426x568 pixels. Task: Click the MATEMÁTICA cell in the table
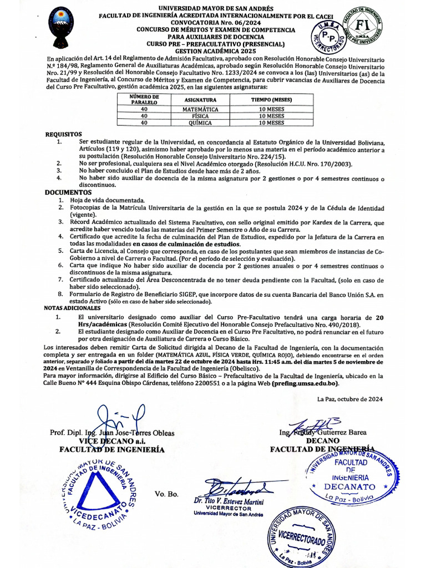point(201,110)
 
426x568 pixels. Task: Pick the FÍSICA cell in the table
point(201,116)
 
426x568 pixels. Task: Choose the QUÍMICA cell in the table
point(201,123)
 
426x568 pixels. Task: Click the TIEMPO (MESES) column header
point(271,100)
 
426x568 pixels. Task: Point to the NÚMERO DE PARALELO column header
point(144,100)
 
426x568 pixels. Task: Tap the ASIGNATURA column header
point(201,100)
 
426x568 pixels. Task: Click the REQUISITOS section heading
point(63,134)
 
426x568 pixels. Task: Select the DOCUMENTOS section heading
point(67,192)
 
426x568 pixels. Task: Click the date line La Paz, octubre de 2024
point(349,398)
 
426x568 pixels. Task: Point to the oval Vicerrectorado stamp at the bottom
point(302,537)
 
